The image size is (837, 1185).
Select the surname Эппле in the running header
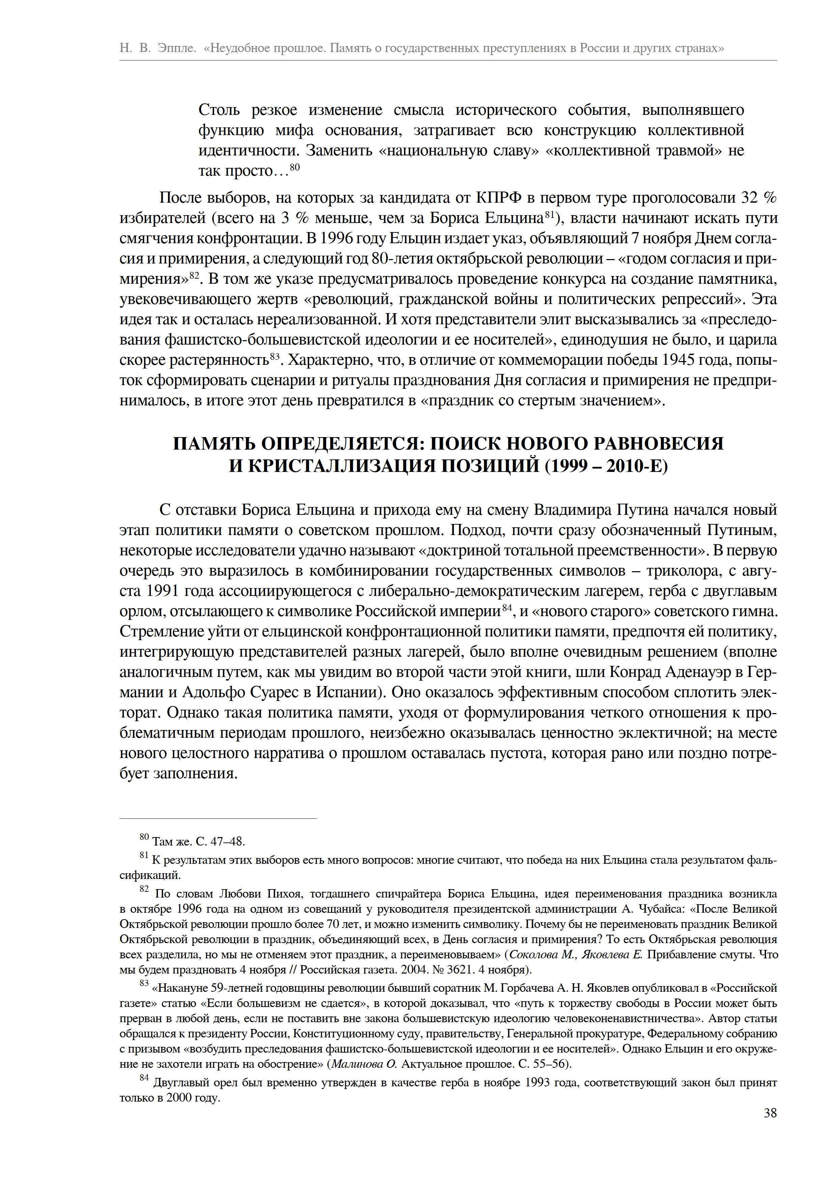coord(177,48)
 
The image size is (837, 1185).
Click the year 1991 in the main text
coord(163,591)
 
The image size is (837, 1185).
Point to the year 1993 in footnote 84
coord(527,1083)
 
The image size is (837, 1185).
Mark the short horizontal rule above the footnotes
coord(218,818)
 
